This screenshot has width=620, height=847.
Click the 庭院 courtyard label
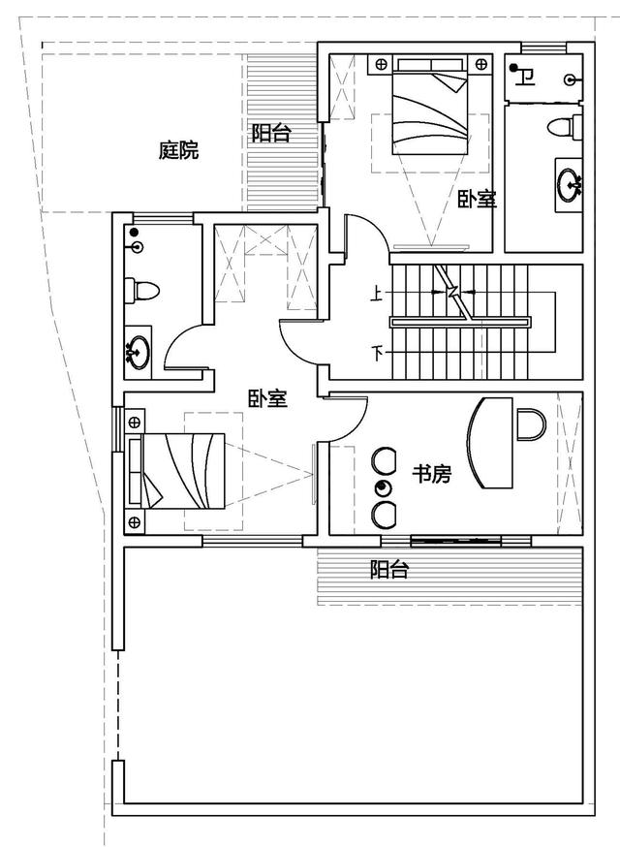(x=179, y=149)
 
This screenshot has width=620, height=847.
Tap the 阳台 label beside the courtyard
(x=271, y=133)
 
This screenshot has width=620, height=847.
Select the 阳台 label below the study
(x=389, y=569)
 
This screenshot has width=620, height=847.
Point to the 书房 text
(x=431, y=474)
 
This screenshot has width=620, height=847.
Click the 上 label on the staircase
(x=376, y=294)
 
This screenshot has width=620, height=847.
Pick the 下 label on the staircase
(x=378, y=354)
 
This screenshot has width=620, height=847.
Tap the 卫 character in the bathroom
(x=525, y=78)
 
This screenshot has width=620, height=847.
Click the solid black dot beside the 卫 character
(x=513, y=68)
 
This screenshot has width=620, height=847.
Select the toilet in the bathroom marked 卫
(x=565, y=128)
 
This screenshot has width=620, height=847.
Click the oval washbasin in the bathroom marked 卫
(x=569, y=185)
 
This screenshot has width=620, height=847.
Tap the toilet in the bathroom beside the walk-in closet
(x=141, y=291)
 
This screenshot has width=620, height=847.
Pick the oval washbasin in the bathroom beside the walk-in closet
(x=139, y=353)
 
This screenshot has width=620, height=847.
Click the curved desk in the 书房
(x=489, y=443)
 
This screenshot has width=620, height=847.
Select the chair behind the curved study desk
(x=532, y=424)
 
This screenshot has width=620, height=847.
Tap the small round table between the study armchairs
(x=383, y=488)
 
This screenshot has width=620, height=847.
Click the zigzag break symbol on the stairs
(x=452, y=293)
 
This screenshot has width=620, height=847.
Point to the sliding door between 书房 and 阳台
(x=456, y=540)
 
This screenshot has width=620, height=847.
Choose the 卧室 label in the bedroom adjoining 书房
(x=268, y=399)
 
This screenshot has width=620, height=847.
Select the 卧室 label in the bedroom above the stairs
(x=477, y=200)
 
